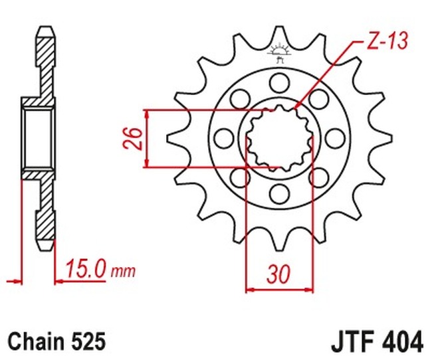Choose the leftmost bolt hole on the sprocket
point(223,137)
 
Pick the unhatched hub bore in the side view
point(39,138)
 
